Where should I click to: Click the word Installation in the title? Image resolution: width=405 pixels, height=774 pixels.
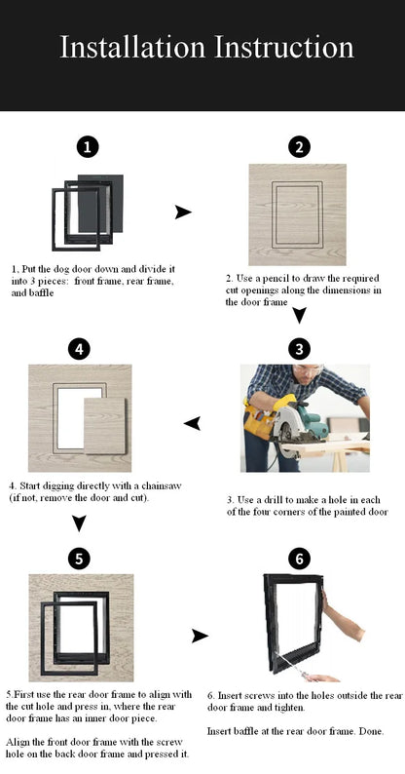(x=132, y=47)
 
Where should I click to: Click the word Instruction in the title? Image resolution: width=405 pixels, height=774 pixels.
(x=283, y=47)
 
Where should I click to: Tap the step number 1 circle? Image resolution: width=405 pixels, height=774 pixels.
(x=88, y=147)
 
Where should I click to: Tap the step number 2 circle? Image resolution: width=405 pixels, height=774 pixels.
(x=299, y=147)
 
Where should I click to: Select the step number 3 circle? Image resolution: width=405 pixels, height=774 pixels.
(x=299, y=348)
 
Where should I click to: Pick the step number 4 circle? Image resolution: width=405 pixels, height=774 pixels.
(x=79, y=348)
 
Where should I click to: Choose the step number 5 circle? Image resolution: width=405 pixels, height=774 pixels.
(x=79, y=558)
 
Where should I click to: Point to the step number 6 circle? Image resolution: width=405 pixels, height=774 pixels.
(x=299, y=558)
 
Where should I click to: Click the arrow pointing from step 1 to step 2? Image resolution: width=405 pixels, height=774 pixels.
(x=183, y=213)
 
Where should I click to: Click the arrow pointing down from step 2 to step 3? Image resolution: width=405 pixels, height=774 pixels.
(x=300, y=315)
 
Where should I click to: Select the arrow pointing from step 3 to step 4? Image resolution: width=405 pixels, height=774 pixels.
(x=193, y=422)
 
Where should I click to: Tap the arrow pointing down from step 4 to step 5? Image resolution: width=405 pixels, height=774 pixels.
(x=79, y=524)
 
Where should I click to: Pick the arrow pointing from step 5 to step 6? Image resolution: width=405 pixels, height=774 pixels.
(x=200, y=636)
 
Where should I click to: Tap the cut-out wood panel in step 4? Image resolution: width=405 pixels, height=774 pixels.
(x=105, y=426)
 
